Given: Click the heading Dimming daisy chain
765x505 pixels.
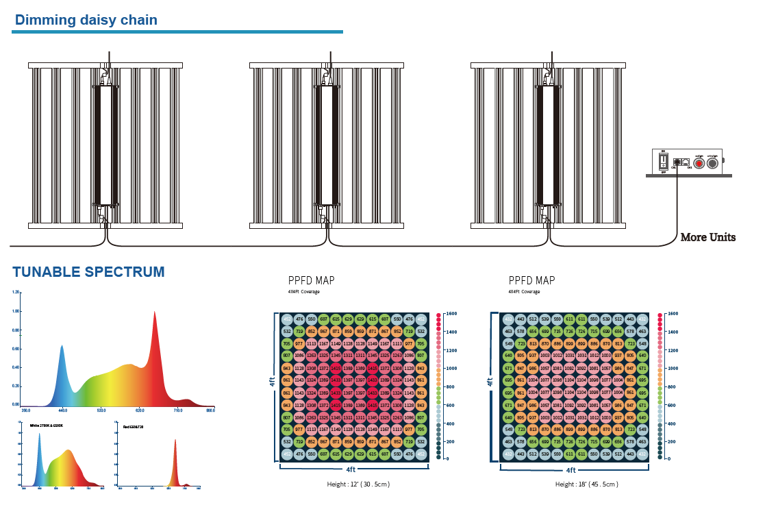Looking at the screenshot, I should (x=86, y=20).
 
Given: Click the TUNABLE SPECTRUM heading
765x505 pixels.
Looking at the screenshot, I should (x=88, y=272).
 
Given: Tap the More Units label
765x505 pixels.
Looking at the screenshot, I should (x=707, y=237).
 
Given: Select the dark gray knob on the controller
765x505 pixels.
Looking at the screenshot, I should (x=712, y=163).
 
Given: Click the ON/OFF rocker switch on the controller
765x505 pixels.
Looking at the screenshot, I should (x=662, y=162).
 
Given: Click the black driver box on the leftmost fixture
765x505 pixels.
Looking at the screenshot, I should (x=105, y=144).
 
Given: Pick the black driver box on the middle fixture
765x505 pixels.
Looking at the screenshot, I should (x=327, y=144).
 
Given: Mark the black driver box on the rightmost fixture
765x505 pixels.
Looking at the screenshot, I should (x=548, y=144).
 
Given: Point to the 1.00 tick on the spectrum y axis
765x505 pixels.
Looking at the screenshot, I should (x=15, y=311).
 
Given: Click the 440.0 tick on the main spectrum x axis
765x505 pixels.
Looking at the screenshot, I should (x=62, y=410).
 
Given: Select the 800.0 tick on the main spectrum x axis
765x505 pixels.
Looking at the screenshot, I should (x=210, y=410).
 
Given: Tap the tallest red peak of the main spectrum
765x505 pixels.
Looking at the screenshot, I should (x=154, y=313).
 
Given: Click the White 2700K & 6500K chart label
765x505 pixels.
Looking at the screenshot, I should (x=47, y=426).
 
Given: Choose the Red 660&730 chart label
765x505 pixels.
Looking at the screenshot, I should (x=133, y=426).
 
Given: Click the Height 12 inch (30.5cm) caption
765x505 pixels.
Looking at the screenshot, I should (x=358, y=484).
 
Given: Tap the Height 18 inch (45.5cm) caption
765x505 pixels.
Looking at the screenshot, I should (x=586, y=484).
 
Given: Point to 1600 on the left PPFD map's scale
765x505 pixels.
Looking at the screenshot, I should (x=451, y=313).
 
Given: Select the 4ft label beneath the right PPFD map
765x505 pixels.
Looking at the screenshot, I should (x=570, y=470).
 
